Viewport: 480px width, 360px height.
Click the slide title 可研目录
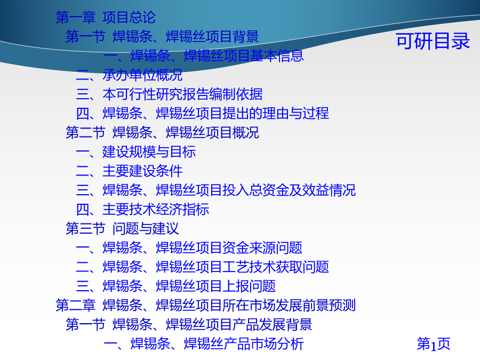[433, 41]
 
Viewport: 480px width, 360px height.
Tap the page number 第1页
[434, 344]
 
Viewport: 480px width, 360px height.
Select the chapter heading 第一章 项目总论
[106, 17]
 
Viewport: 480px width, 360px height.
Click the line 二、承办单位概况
[129, 75]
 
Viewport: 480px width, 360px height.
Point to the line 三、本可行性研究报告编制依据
[169, 94]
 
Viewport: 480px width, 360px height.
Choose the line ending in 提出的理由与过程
[203, 113]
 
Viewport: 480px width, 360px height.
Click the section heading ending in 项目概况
[162, 133]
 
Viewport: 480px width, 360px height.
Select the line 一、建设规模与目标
[136, 152]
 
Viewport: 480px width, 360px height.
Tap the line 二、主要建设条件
[129, 171]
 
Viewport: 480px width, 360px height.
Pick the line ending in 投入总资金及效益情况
[216, 190]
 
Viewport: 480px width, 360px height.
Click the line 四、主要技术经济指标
[142, 210]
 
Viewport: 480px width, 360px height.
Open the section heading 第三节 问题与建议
[123, 229]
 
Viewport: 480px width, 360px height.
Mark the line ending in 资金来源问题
[189, 248]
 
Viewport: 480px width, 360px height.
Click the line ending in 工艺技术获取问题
[203, 267]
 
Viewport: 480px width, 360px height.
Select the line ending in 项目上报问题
[176, 286]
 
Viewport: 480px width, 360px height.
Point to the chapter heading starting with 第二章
[206, 306]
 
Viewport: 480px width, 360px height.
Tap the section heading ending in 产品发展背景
[189, 325]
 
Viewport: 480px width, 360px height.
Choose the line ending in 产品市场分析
[204, 344]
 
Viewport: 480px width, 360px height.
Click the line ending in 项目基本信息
[204, 55]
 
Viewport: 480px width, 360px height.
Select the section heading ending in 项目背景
[162, 36]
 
